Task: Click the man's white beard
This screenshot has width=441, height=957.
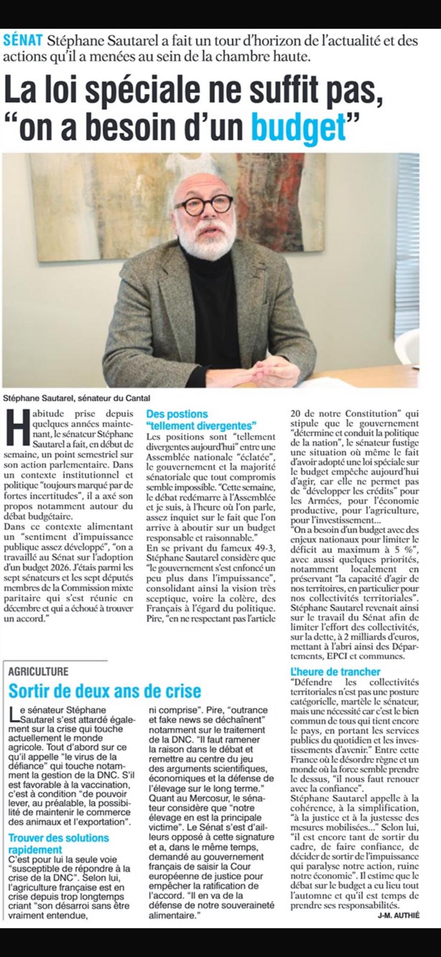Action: [x=213, y=243]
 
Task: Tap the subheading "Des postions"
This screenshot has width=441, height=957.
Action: [x=177, y=414]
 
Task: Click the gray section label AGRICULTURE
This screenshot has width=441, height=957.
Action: [x=38, y=671]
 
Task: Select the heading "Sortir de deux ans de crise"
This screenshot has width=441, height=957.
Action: [x=105, y=691]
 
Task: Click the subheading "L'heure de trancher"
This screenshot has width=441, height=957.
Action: [x=335, y=671]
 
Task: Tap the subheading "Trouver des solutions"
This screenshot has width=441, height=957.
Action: [x=58, y=838]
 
